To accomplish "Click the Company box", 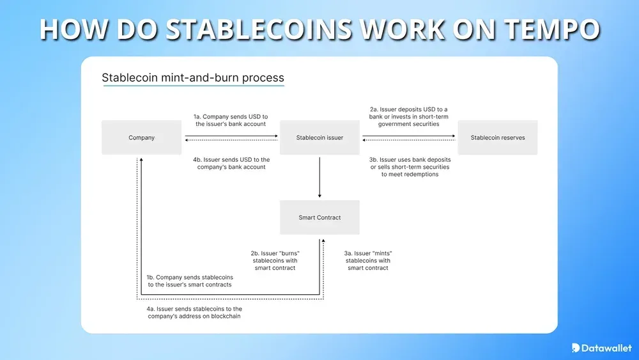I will (141, 137).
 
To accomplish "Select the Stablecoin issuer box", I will (319, 137).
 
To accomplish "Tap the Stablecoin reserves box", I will (497, 137).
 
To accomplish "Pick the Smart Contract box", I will (319, 217).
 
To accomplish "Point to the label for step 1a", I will (231, 120).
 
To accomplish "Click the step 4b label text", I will (231, 163).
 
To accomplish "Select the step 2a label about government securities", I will (408, 116).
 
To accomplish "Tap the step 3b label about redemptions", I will (410, 166).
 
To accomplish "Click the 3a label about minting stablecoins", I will (367, 261).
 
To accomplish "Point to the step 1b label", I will (189, 281).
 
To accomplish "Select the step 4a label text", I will (194, 313).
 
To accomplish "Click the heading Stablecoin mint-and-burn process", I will (193, 78).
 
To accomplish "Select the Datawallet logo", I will (601, 347).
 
